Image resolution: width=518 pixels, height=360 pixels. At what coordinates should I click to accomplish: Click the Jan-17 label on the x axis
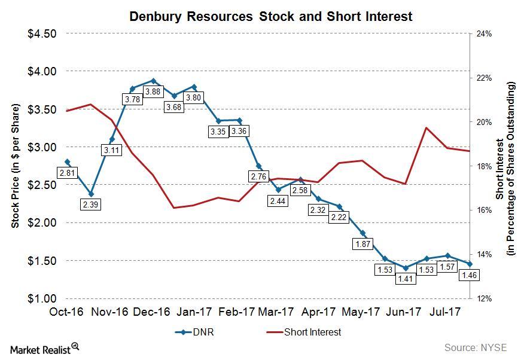point(195,312)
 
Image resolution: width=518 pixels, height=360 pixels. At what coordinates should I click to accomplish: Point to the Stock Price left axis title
point(16,166)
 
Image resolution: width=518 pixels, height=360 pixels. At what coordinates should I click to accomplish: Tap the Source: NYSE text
point(475,347)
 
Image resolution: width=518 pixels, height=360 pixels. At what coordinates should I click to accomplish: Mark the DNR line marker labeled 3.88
point(153,81)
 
